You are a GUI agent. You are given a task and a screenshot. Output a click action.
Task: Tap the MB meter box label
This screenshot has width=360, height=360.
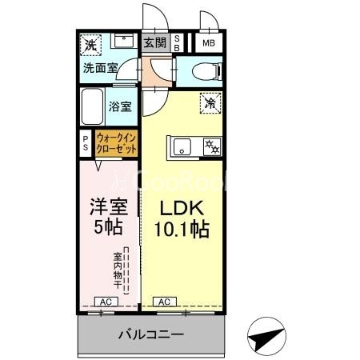[x=208, y=43]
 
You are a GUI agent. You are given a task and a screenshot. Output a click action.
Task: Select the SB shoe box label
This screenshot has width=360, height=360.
[x=178, y=43]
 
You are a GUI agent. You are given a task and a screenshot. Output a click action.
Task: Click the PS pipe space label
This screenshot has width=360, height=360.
[x=86, y=142]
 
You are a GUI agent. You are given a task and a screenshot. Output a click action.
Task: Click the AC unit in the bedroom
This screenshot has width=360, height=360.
[x=105, y=301]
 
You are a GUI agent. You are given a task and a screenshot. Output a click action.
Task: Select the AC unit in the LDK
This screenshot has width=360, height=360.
[x=163, y=301]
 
